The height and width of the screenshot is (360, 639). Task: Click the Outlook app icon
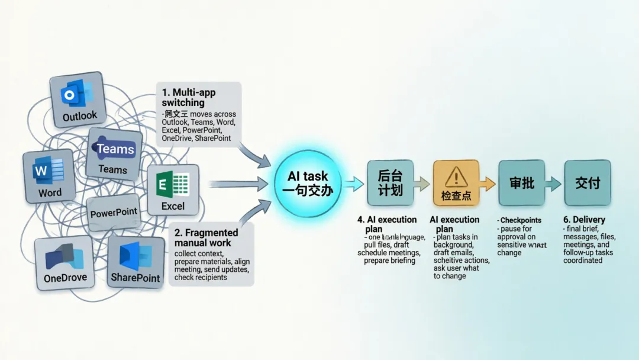(78, 99)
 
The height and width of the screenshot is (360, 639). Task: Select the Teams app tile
(114, 154)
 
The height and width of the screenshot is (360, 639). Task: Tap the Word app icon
(49, 176)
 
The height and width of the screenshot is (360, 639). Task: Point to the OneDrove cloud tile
(65, 263)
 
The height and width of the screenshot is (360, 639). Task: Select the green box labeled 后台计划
(390, 183)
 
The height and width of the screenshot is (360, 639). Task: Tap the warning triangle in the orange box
(456, 176)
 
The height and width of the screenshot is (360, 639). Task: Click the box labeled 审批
(521, 183)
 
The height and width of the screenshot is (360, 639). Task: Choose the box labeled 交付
(587, 183)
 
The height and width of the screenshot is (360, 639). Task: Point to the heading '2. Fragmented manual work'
(206, 237)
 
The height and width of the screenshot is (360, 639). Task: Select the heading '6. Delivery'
(584, 220)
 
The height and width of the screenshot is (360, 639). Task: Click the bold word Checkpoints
(521, 220)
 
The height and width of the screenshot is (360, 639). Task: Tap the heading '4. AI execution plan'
(387, 224)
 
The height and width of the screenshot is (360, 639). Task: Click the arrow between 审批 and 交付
(554, 184)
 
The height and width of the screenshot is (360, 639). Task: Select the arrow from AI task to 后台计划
(354, 184)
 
